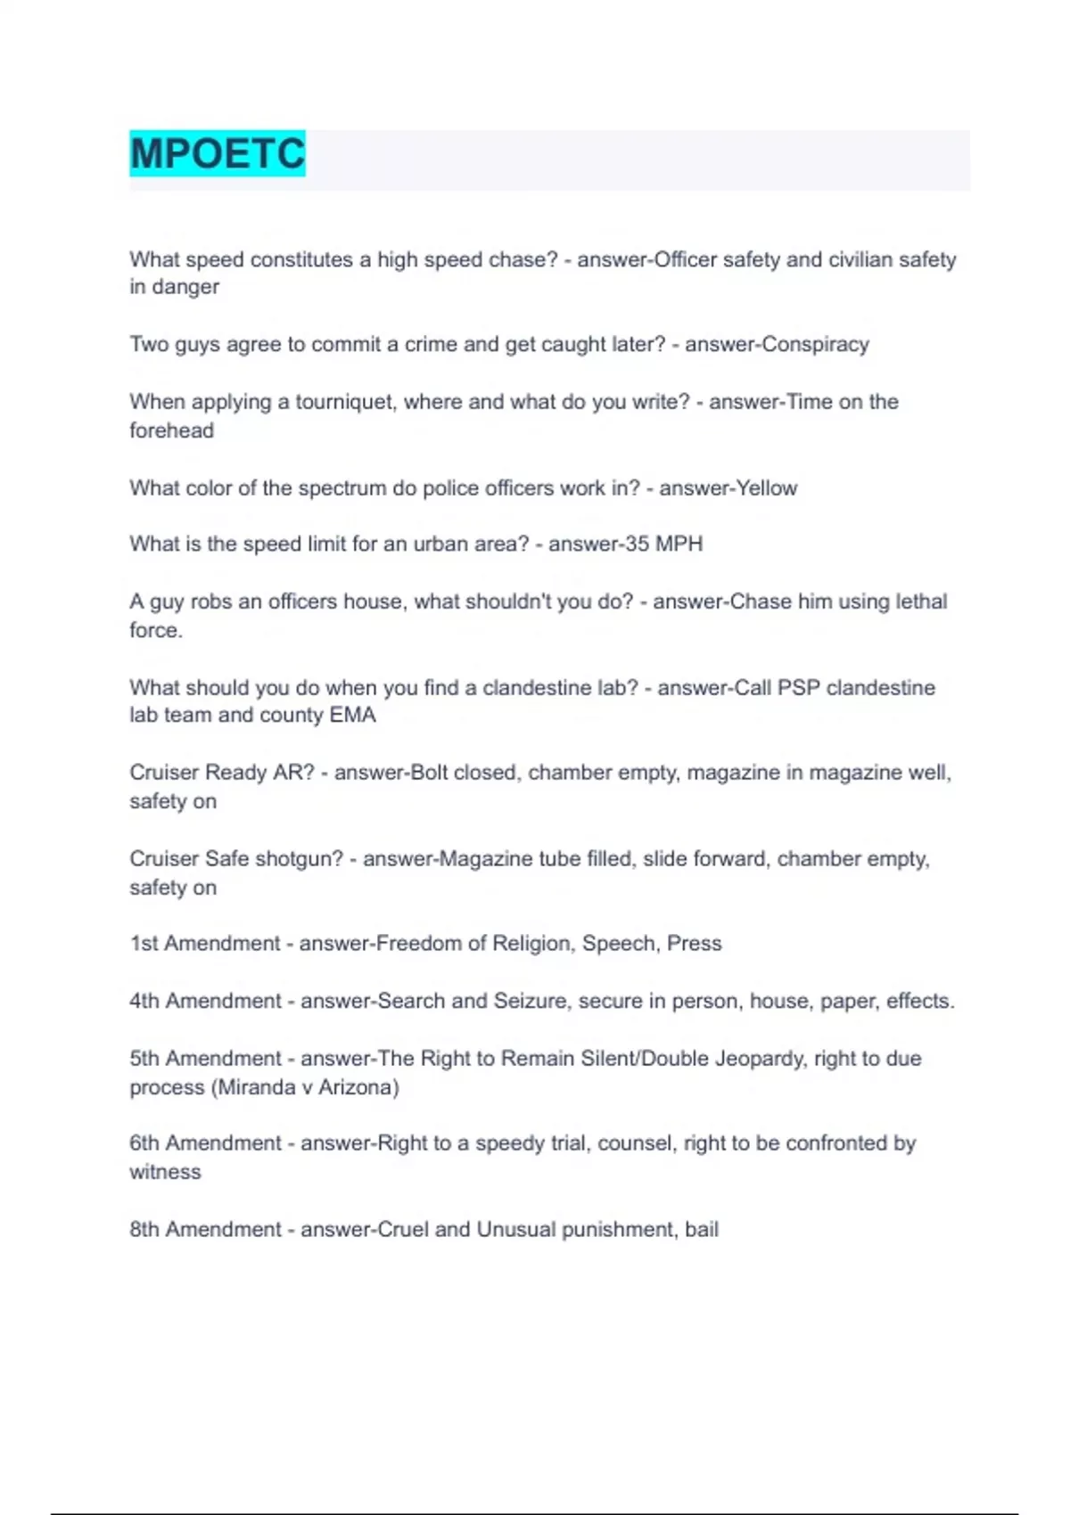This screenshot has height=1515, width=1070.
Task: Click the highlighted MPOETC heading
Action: coord(218,153)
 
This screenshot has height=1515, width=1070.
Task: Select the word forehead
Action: coord(171,431)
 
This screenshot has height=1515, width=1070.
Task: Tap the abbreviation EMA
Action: coord(353,716)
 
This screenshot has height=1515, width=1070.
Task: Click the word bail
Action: coord(702,1230)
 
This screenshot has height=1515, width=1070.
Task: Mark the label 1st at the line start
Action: coord(144,944)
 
